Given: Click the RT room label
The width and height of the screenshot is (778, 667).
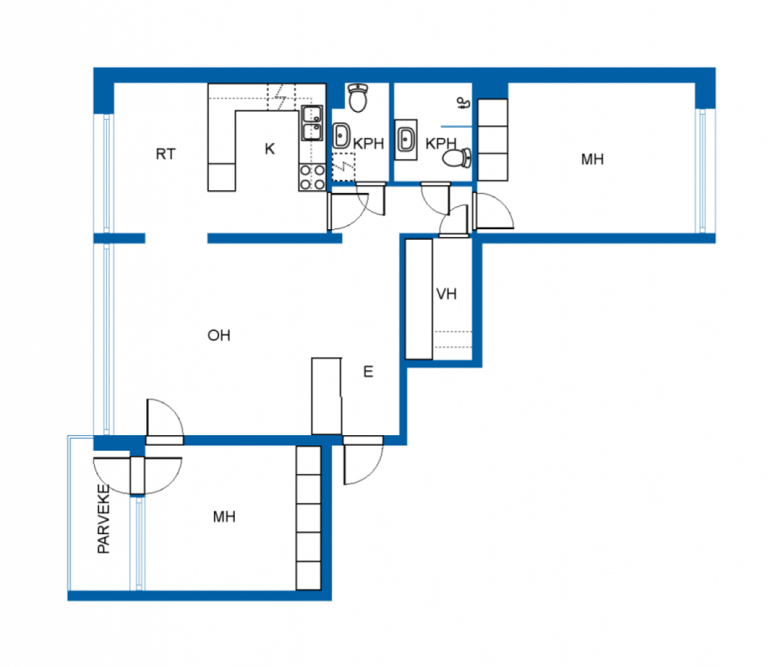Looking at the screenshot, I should tap(165, 154).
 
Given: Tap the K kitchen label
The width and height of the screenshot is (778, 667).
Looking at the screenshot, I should tap(269, 149).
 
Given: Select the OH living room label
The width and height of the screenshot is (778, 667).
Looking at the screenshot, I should tap(218, 335).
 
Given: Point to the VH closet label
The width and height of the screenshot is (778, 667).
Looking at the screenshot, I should tap(446, 294).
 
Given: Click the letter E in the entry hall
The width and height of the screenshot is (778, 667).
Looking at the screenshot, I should tap(368, 372).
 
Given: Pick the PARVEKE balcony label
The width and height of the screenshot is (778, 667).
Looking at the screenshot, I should tap(104, 519).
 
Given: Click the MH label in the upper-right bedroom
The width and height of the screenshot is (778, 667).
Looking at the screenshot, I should tap(592, 160).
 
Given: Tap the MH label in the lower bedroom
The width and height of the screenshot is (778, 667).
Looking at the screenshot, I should tap(224, 517).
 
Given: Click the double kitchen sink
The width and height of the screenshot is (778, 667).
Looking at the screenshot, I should tap(312, 123).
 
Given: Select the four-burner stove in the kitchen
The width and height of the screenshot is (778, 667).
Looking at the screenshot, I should tap(312, 177).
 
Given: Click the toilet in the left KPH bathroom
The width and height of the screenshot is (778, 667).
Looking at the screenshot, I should tap(357, 98).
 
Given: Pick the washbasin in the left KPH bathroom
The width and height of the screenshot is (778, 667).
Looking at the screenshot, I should tap(341, 136).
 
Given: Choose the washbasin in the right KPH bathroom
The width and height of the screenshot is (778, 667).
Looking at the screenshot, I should tap(406, 139).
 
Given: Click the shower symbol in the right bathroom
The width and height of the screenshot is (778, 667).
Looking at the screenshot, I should tap(462, 102).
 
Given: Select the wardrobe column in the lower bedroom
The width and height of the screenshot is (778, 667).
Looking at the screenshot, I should tap(308, 518).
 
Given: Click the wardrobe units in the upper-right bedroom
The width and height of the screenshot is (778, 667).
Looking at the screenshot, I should tap(493, 140).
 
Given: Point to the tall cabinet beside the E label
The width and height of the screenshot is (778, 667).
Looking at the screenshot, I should tap(326, 395).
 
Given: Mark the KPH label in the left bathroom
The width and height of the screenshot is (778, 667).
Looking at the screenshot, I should tap(368, 143).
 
